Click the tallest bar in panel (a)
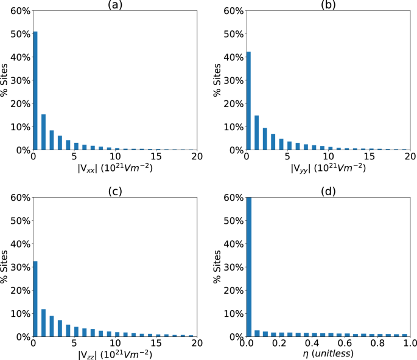[35, 91]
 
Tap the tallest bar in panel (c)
[35, 299]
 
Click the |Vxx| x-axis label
[114, 170]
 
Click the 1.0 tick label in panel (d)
[409, 344]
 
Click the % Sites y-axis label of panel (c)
[5, 267]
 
